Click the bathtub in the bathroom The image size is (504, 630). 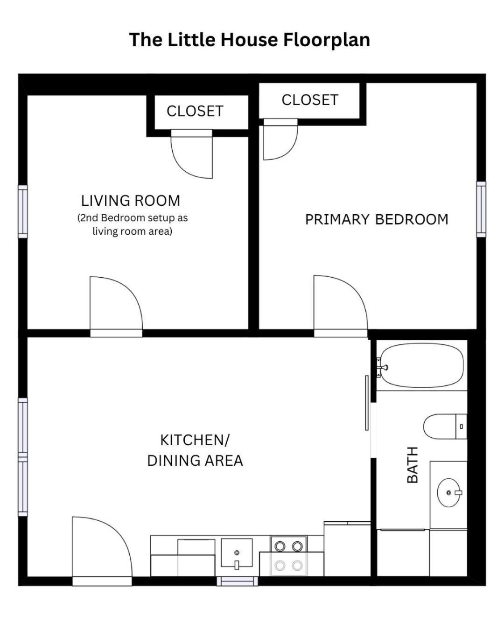pyautogui.click(x=421, y=366)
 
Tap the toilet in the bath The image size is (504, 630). pyautogui.click(x=445, y=426)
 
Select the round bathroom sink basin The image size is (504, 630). pyautogui.click(x=448, y=493)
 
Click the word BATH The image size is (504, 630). pyautogui.click(x=413, y=465)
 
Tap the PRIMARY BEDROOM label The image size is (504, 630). pyautogui.click(x=377, y=219)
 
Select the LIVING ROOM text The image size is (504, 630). pyautogui.click(x=130, y=201)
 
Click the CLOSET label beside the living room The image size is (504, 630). pyautogui.click(x=195, y=111)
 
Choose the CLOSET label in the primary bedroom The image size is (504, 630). pyautogui.click(x=310, y=100)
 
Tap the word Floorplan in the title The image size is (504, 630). pyautogui.click(x=327, y=40)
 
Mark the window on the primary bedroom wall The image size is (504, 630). pyautogui.click(x=481, y=209)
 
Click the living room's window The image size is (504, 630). pyautogui.click(x=23, y=211)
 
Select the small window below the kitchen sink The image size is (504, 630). pyautogui.click(x=237, y=581)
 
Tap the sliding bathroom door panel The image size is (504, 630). pyautogui.click(x=367, y=403)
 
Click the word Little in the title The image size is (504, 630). pyautogui.click(x=193, y=40)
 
